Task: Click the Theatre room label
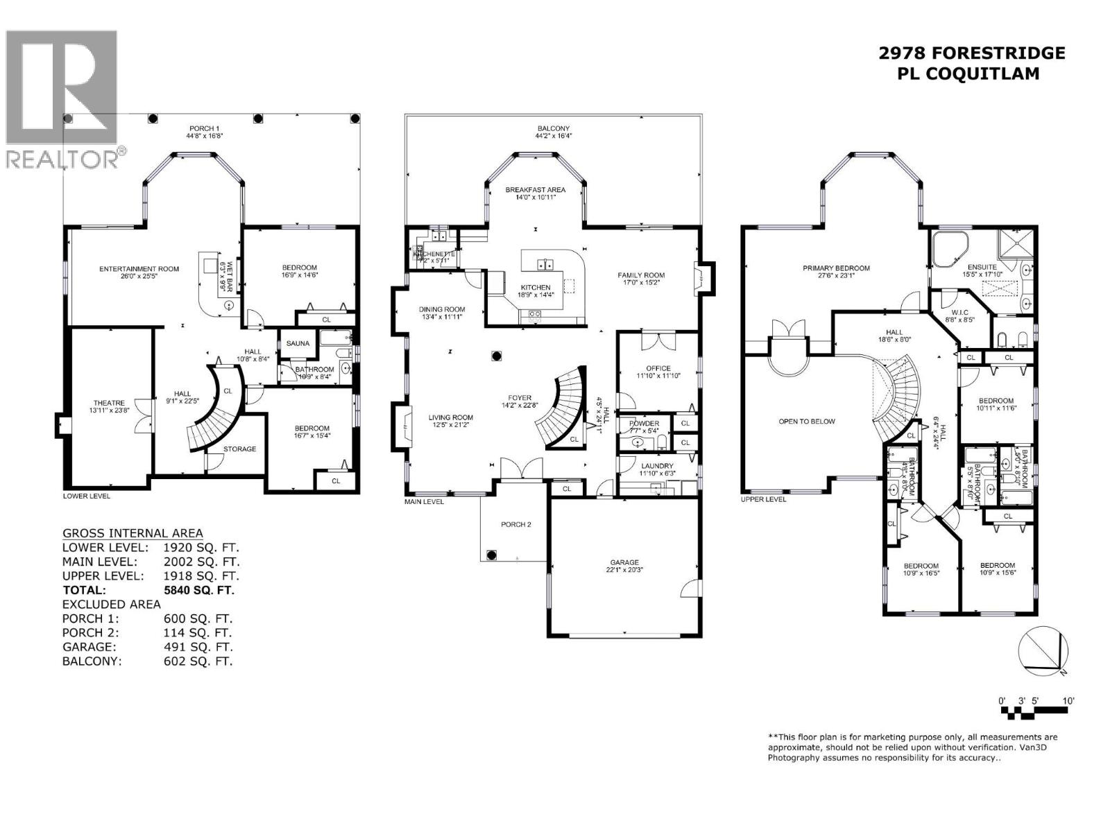[x=109, y=403]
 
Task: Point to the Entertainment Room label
[x=139, y=269]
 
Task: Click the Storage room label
[x=239, y=449]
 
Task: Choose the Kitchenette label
[x=434, y=254]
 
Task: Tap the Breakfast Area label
[x=535, y=189]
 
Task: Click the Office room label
[x=658, y=368]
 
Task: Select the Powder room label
[x=644, y=424]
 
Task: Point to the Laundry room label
[x=657, y=466]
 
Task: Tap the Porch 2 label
[x=515, y=524]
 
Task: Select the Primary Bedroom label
[x=836, y=268]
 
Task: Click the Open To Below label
[x=807, y=421]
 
